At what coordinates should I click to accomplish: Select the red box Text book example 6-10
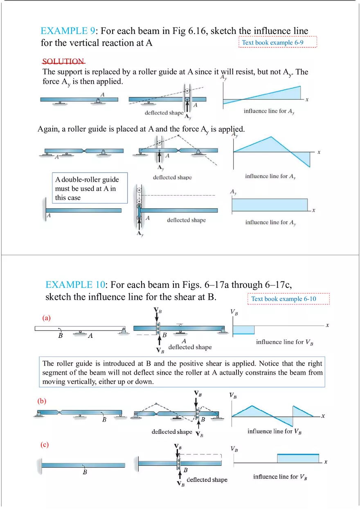click(288, 299)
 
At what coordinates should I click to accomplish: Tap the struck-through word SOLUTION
click(63, 61)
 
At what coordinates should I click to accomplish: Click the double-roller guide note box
click(90, 188)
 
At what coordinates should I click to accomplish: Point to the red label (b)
click(42, 401)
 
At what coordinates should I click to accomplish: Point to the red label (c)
click(44, 445)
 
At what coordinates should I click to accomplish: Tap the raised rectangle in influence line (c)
click(298, 458)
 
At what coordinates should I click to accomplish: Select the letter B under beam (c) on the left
click(85, 472)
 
